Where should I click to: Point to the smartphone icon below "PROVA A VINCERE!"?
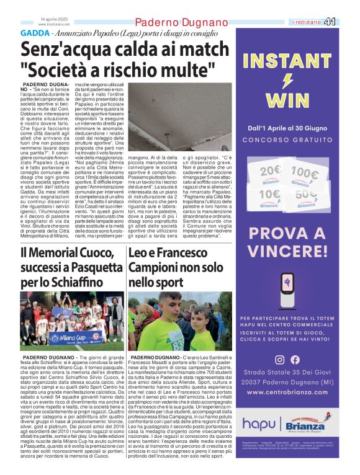[x=287, y=290]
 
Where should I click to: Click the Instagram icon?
[x=279, y=359]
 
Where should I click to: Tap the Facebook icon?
[x=295, y=359]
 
